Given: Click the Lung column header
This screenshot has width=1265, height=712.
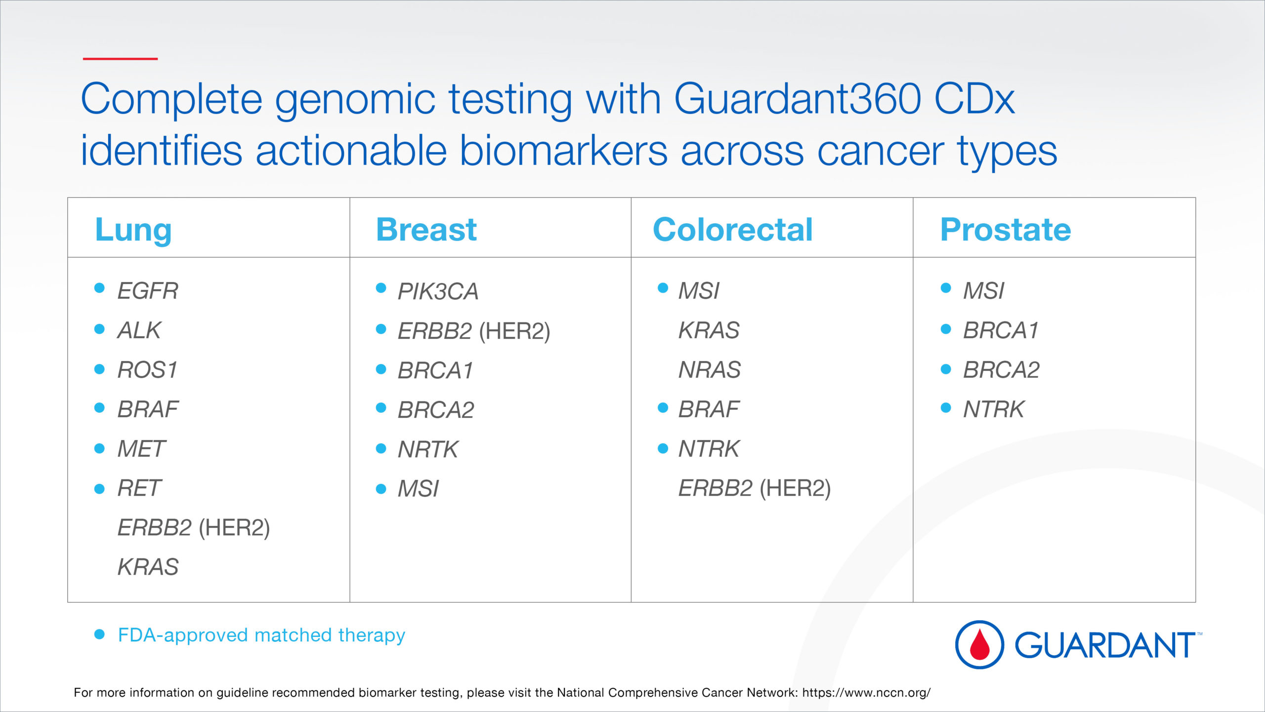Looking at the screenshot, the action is tap(133, 231).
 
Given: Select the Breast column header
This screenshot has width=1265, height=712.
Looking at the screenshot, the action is tap(426, 230).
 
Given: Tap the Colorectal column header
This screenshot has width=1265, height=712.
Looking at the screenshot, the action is tap(733, 230).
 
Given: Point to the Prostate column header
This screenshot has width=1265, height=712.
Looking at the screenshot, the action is tap(1006, 230).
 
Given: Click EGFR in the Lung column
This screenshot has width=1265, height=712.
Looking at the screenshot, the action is tap(148, 290).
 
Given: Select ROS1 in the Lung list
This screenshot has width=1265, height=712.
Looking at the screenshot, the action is tap(147, 370).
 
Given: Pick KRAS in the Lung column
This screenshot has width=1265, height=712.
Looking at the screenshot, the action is tap(148, 567).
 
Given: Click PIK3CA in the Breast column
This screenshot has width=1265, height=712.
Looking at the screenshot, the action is tap(438, 291).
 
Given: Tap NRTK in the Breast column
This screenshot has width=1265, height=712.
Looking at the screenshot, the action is tap(428, 449).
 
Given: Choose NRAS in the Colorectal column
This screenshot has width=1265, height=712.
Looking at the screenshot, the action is tap(710, 370).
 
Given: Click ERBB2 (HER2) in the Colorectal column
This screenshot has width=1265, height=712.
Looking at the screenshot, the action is tap(755, 488).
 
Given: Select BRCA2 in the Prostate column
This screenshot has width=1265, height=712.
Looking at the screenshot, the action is tap(1001, 370).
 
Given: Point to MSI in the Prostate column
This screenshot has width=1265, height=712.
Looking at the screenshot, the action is tap(983, 290).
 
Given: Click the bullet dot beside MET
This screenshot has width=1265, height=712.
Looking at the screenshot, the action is tap(99, 448).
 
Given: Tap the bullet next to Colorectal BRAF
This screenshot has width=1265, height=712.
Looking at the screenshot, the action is tap(663, 408).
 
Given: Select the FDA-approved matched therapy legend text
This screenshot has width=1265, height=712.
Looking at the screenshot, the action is tap(261, 635).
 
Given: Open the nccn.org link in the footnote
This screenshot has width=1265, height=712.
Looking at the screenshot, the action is tap(866, 693).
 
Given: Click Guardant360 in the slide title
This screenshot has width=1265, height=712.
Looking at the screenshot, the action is tap(798, 99).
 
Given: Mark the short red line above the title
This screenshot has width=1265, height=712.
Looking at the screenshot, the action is tap(120, 59).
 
